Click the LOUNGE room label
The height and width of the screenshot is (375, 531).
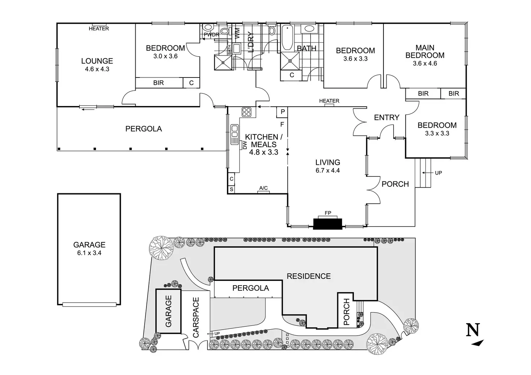click(x=97, y=61)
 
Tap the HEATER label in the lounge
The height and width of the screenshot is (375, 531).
click(x=98, y=28)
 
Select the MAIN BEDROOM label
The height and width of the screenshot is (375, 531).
click(x=425, y=51)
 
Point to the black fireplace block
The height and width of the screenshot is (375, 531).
click(x=328, y=224)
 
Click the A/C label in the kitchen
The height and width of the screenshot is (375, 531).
click(x=263, y=188)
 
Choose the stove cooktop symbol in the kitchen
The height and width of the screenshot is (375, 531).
click(x=247, y=112)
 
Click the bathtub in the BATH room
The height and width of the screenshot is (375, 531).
click(x=287, y=37)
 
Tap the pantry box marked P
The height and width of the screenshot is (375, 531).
click(x=282, y=112)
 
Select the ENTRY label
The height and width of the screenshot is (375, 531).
click(x=386, y=117)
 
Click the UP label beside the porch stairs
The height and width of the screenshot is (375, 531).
click(x=438, y=173)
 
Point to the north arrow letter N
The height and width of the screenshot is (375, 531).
click(x=473, y=329)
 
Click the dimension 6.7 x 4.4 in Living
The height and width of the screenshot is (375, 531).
click(x=328, y=171)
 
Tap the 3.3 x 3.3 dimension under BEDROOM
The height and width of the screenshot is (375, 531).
click(x=437, y=133)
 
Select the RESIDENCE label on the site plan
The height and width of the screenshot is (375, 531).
click(x=308, y=276)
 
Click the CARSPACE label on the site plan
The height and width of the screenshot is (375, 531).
click(x=196, y=317)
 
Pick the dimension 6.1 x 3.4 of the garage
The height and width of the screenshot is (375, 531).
click(x=89, y=253)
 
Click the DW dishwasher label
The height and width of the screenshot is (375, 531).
click(x=245, y=145)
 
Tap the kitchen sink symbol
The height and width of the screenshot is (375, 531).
click(x=235, y=131)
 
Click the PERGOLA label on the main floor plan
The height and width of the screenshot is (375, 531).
click(x=144, y=128)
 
